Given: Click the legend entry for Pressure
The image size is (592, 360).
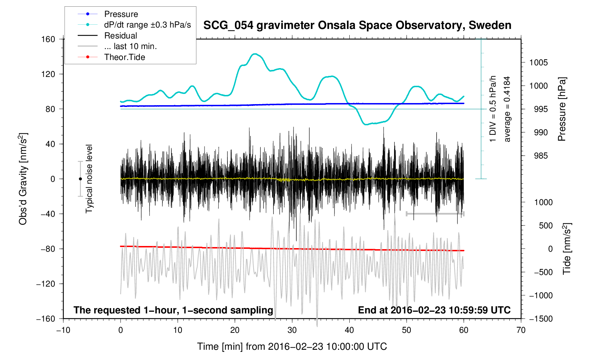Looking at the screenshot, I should click(x=121, y=14).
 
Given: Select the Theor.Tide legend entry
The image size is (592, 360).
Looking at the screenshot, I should click(x=124, y=57).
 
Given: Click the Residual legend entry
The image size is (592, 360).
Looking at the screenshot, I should click(x=120, y=36).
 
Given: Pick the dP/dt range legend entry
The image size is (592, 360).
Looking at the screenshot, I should click(x=147, y=25).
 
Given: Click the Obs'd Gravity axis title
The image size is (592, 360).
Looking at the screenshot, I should click(x=23, y=179).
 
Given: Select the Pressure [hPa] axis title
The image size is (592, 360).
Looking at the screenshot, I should click(x=562, y=109).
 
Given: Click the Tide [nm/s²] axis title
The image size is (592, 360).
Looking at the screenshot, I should click(x=567, y=249).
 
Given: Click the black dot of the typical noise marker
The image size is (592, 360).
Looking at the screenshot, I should click(x=80, y=179).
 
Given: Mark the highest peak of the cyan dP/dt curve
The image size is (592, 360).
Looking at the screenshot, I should click(x=255, y=54).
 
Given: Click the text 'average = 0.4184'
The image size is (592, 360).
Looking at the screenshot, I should click(x=507, y=109).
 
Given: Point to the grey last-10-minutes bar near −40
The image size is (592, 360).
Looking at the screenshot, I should click(x=435, y=214).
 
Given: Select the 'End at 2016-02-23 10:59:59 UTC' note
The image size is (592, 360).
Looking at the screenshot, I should click(x=434, y=310).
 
